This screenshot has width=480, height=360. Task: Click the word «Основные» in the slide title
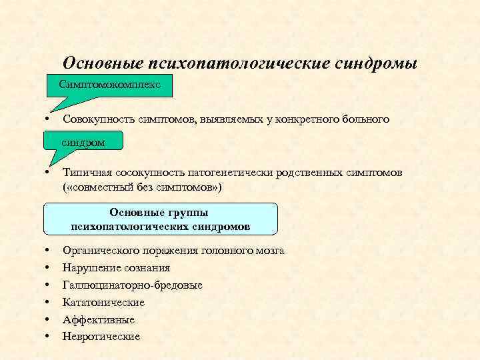tap(101, 63)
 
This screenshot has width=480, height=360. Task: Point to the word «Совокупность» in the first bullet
tap(98, 119)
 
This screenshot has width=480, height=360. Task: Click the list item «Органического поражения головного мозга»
tap(173, 251)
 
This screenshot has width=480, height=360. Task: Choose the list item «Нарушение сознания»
tap(116, 268)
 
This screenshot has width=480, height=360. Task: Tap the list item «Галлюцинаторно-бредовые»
tap(133, 285)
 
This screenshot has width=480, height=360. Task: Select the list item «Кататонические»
tap(103, 303)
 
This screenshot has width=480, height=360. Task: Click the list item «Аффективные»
tap(99, 320)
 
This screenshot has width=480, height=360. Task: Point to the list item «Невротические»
tap(101, 337)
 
